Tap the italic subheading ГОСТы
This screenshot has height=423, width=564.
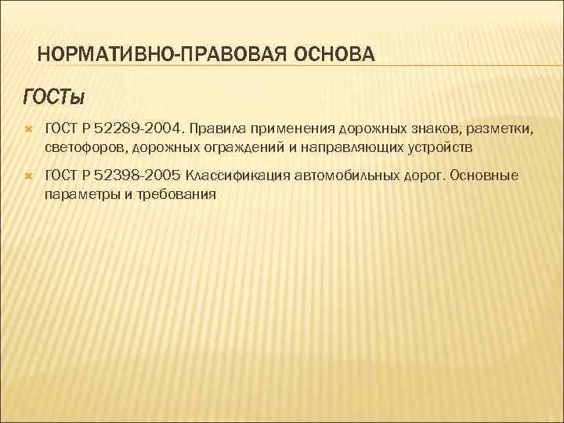54,96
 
